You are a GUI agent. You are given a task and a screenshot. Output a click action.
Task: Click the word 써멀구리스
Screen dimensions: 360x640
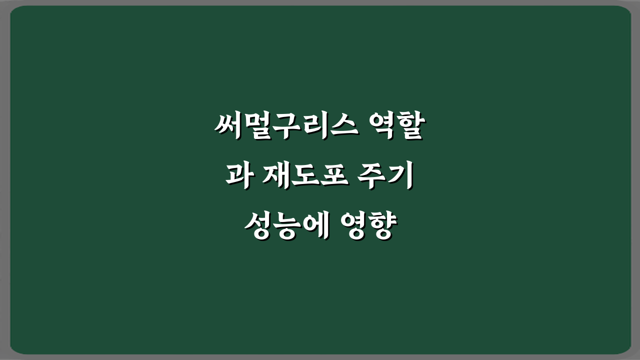[286, 127]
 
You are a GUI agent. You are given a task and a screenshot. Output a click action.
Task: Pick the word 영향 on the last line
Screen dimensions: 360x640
[368, 228]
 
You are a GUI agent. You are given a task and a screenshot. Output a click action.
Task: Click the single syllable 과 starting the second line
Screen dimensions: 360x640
[237, 178]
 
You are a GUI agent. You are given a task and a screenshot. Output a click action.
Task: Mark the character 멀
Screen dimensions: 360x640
[257, 127]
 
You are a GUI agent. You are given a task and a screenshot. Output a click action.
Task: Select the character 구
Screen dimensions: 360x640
[286, 127]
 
